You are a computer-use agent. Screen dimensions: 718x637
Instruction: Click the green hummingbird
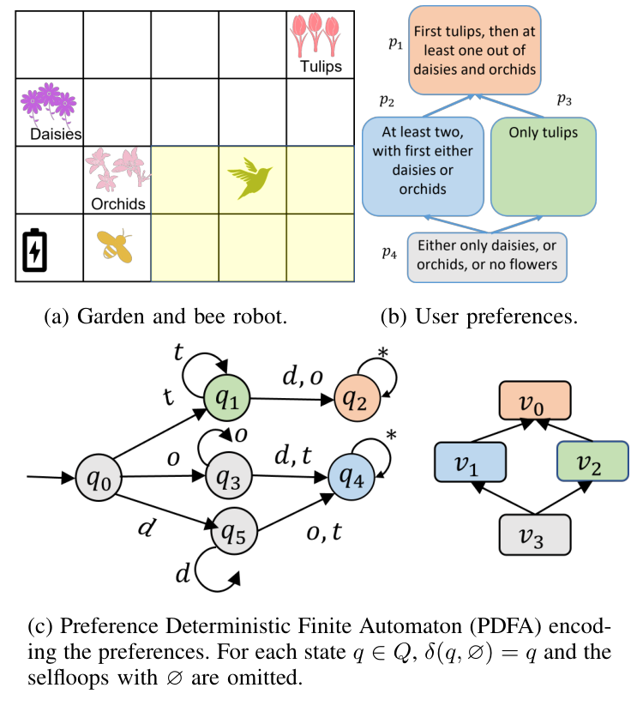250,178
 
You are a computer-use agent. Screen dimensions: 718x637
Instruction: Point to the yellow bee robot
114,245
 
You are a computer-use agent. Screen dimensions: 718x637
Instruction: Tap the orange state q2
358,399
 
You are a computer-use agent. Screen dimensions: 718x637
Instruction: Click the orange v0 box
536,401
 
